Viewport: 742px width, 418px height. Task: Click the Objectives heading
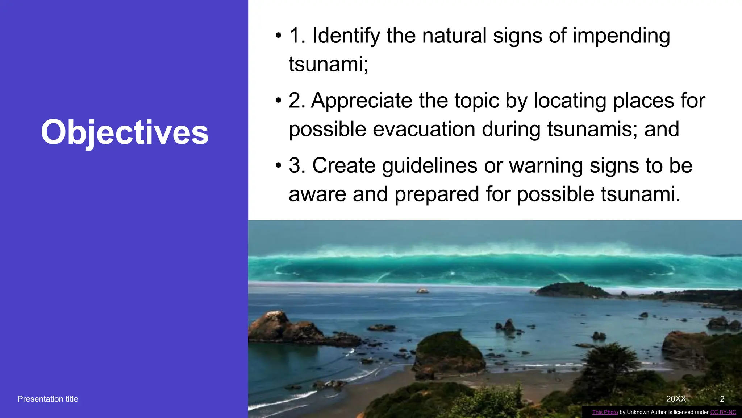coord(125,132)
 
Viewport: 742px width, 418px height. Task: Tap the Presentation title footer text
coord(48,399)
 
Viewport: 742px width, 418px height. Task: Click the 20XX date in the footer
coord(676,399)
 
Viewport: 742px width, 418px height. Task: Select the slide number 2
coord(722,399)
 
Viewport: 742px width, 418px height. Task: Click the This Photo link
coord(605,412)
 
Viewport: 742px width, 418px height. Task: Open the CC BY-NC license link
coord(723,412)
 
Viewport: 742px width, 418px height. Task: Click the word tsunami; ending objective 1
coord(328,64)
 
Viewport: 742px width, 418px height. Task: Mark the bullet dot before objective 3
coord(278,166)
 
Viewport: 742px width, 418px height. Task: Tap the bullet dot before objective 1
coord(278,36)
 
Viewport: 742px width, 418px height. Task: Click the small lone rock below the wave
coord(422,290)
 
